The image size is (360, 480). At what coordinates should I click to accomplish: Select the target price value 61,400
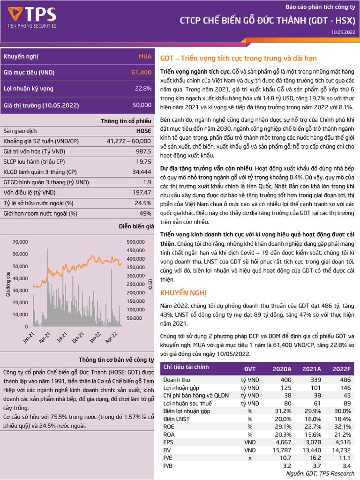(x=141, y=73)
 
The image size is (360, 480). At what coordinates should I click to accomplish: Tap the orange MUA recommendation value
(x=145, y=56)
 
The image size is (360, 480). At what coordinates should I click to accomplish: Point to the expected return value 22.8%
(x=143, y=89)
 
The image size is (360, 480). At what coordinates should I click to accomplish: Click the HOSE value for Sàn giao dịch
(x=143, y=131)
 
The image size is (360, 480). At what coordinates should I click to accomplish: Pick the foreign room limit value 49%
(x=145, y=214)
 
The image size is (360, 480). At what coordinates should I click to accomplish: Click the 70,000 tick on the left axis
(x=20, y=242)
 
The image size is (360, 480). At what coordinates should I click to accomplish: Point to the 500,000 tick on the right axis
(x=136, y=242)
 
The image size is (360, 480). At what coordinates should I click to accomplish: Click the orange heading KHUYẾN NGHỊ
(x=183, y=293)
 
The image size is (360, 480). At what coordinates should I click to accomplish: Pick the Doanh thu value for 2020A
(x=285, y=379)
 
